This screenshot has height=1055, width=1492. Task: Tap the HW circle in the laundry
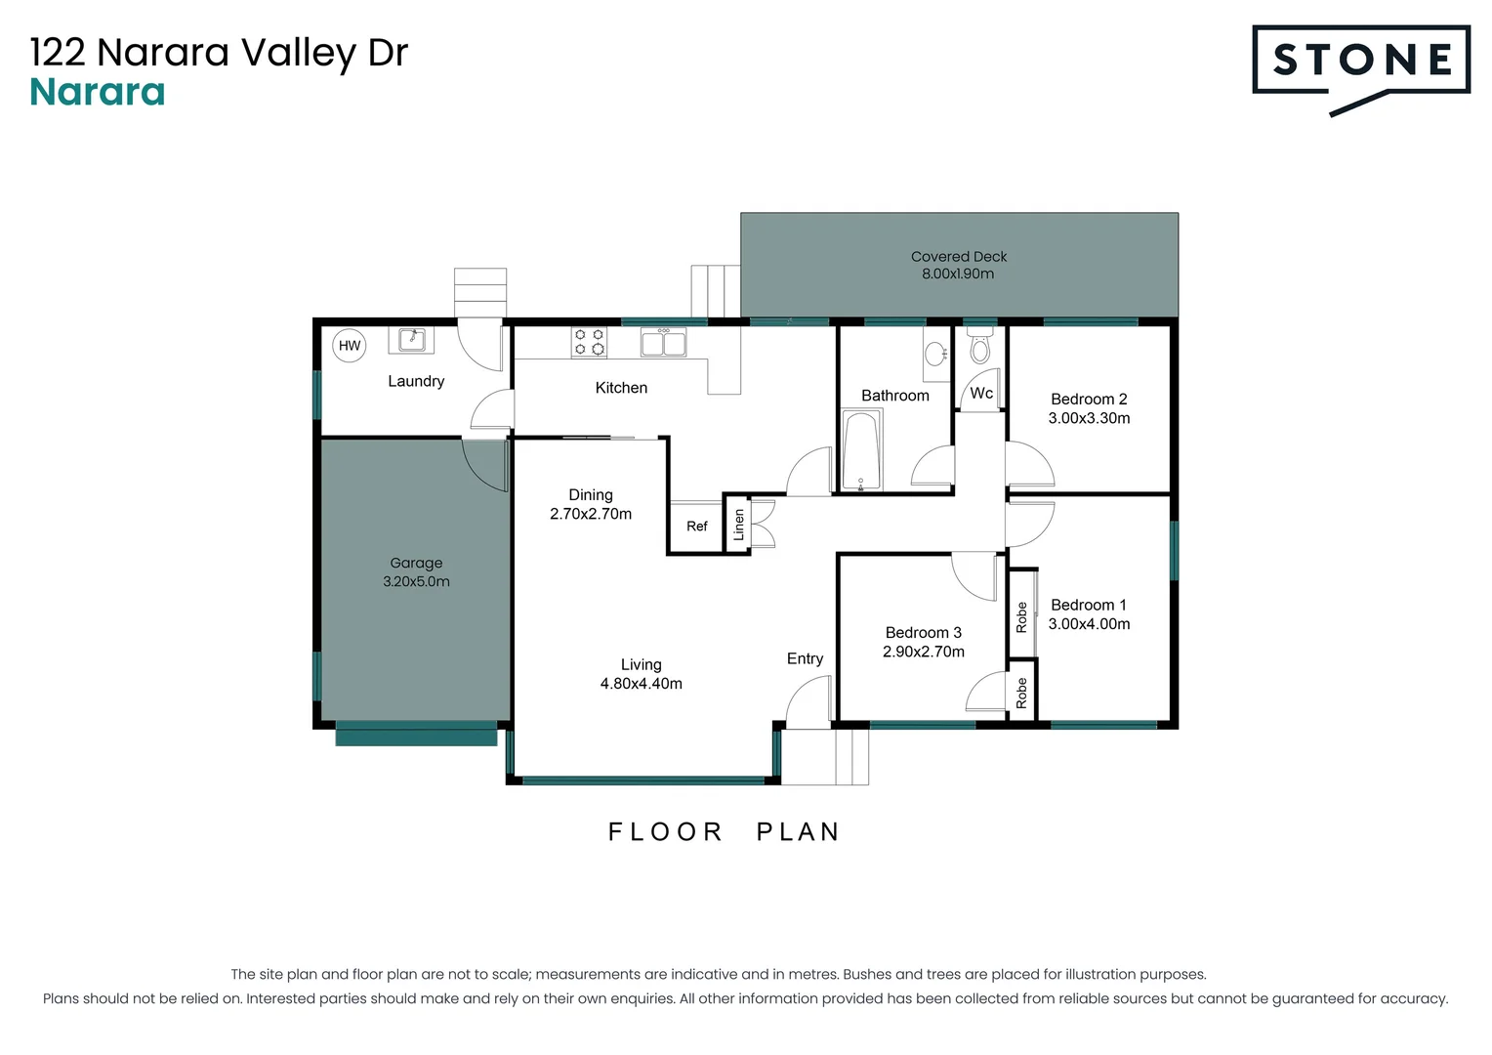[x=350, y=346]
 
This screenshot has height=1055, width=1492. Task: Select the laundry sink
[x=412, y=340]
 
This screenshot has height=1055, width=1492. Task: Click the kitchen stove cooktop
[x=589, y=342]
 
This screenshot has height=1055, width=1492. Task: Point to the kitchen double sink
[x=663, y=343]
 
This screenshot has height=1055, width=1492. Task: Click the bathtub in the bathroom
[x=861, y=450]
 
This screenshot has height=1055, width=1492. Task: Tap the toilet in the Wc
[x=979, y=346]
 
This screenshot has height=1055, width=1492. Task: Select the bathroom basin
[x=936, y=354]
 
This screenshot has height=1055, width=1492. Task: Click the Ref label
[x=696, y=527]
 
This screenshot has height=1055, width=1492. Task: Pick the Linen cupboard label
[x=739, y=525]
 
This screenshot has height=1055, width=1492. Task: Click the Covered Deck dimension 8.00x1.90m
[x=958, y=274]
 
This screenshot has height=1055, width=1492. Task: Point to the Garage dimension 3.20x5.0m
[x=416, y=582]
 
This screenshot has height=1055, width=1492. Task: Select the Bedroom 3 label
[x=923, y=633]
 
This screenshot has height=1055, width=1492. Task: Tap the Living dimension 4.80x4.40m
[x=641, y=684]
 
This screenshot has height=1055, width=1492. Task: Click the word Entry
[x=805, y=659]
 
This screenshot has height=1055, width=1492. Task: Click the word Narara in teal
[x=98, y=93]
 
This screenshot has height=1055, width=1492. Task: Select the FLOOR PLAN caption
[x=724, y=832]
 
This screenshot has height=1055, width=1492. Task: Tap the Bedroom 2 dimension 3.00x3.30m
[x=1089, y=419]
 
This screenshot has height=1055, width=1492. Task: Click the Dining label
[x=591, y=495]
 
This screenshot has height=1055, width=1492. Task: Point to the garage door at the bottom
[x=416, y=734]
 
